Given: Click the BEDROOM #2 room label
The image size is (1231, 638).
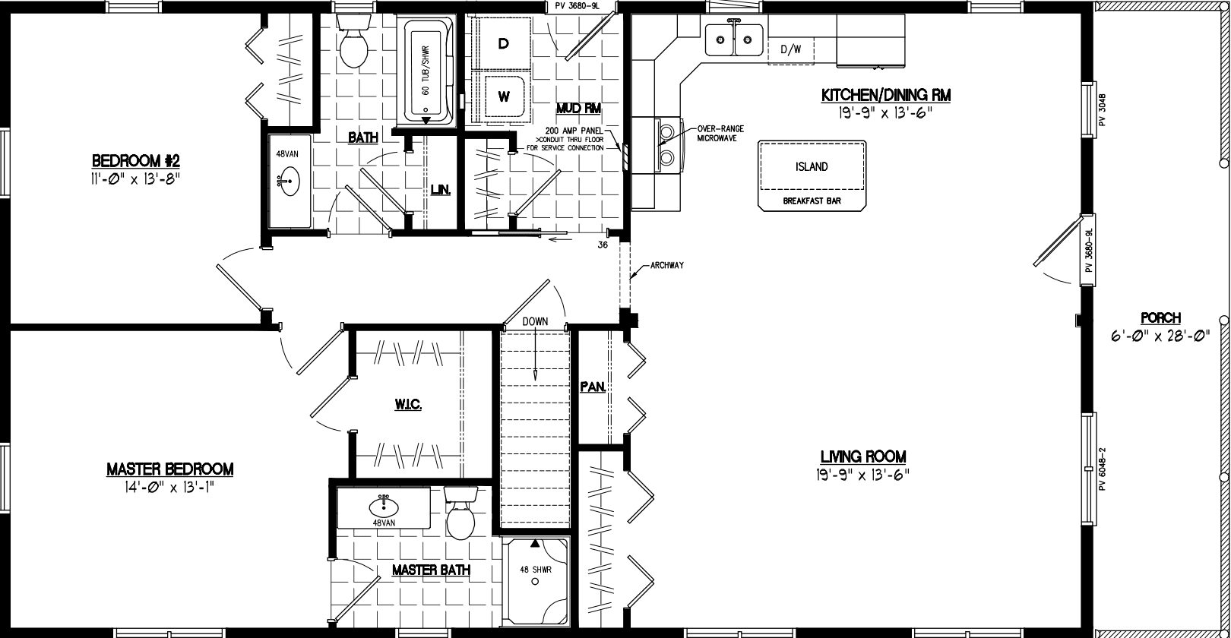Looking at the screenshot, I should (135, 161).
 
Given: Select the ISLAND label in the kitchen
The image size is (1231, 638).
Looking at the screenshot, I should (812, 166).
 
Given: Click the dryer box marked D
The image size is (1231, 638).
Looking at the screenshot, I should (503, 44).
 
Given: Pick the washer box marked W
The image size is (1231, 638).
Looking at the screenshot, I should (503, 96).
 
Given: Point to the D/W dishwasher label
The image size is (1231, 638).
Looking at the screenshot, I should (791, 50).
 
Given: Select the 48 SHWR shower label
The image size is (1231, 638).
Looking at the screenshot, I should (535, 569).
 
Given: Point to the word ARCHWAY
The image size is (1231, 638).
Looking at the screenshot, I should (668, 265).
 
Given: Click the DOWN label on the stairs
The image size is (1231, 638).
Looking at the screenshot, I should (535, 321).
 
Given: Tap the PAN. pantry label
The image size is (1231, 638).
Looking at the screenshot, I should (593, 387).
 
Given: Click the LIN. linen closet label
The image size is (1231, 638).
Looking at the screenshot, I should (441, 190).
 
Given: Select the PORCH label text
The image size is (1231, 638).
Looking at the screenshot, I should (1160, 318).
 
